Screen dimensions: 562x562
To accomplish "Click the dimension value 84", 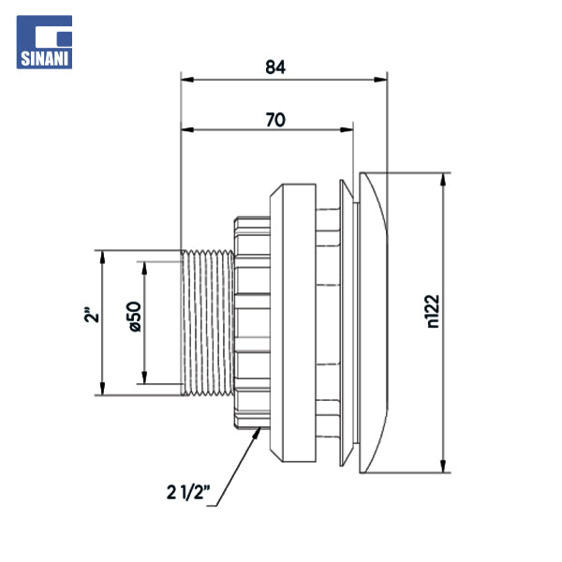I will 274,67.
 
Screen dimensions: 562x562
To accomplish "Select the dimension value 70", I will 274,119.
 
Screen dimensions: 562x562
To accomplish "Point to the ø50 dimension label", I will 133,317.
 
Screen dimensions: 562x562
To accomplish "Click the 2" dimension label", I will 88,316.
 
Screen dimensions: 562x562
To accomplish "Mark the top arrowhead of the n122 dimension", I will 442,178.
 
